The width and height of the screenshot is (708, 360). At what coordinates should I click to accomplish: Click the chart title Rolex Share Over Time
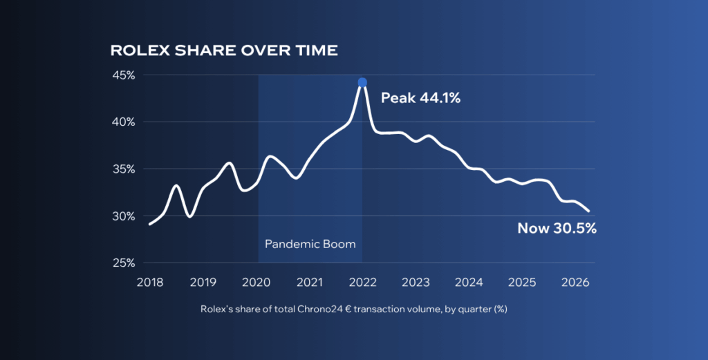[x=224, y=50]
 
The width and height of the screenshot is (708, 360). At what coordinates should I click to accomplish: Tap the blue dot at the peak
[x=362, y=82]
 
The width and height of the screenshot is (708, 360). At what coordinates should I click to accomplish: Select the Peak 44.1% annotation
[x=420, y=98]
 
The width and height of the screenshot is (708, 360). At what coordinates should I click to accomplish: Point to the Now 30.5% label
[x=557, y=228]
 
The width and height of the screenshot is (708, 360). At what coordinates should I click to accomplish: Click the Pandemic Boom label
[x=310, y=244]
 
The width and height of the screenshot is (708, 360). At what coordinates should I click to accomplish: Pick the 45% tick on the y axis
[x=124, y=75]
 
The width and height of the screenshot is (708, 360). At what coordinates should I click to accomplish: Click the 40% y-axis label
[x=124, y=122]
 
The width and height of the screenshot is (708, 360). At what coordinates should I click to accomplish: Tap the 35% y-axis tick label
[x=124, y=169]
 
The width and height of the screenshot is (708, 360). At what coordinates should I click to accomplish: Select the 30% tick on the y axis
[x=124, y=216]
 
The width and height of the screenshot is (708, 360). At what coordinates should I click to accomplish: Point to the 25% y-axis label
[x=124, y=263]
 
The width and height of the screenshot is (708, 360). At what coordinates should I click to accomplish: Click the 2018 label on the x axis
[x=150, y=283]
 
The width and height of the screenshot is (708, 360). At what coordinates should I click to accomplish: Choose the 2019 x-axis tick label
[x=203, y=283]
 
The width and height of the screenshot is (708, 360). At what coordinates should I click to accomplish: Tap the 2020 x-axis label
[x=256, y=283]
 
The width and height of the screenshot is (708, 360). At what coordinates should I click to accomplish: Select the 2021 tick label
[x=309, y=283]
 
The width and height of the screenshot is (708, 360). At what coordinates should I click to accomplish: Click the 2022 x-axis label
[x=362, y=283]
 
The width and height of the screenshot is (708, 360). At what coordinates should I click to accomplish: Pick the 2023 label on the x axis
[x=416, y=283]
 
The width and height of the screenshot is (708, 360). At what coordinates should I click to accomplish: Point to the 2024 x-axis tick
[x=469, y=283]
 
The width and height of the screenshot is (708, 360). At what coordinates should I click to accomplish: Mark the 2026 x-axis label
[x=575, y=283]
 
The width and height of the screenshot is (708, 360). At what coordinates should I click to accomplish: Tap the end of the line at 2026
[x=588, y=211]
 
